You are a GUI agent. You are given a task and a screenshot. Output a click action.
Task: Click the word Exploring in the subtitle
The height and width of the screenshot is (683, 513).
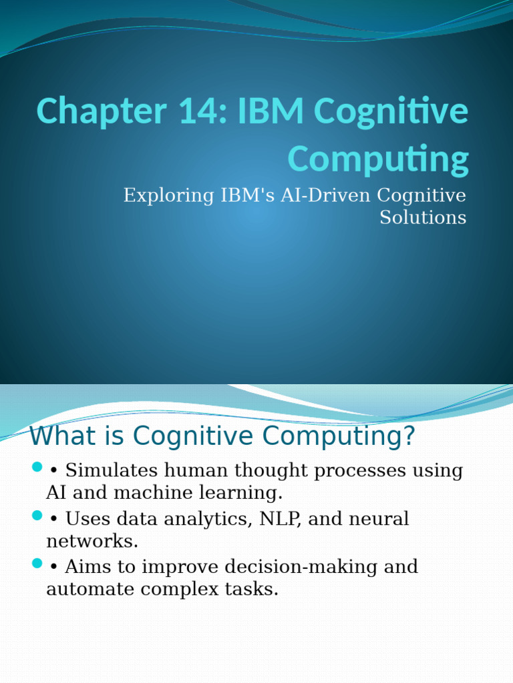point(166,195)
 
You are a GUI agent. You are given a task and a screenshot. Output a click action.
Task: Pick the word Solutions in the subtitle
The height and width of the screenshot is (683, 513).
point(423,217)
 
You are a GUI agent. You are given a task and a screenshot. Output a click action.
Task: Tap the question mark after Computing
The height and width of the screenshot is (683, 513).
point(409,437)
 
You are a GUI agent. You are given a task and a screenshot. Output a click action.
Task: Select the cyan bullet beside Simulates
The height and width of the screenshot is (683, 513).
point(37,466)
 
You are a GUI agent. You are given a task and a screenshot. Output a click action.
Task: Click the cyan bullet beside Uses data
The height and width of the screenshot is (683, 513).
point(37,514)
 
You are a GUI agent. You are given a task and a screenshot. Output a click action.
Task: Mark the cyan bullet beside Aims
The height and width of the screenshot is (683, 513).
point(37,563)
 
